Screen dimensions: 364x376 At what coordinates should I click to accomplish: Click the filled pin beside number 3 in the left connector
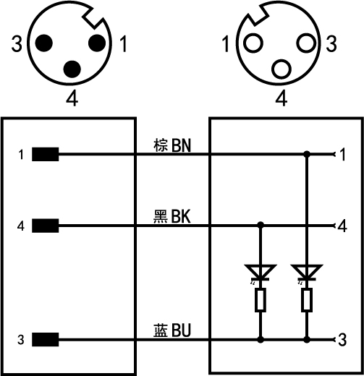pos(44,43)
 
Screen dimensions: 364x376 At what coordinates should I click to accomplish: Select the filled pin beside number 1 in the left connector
pos(97,43)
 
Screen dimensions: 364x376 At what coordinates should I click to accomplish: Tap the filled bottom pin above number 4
pos(72,69)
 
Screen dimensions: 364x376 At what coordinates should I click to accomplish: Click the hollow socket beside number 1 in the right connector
pos(253,43)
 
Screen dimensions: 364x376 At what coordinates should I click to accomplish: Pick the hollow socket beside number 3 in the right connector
pos(306,43)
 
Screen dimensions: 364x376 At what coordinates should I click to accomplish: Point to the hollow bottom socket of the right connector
pos(282,69)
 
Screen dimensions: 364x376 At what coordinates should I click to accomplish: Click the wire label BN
pos(181,145)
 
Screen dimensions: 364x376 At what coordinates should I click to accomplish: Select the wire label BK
pos(181,216)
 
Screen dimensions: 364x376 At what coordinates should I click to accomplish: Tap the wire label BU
pos(181,330)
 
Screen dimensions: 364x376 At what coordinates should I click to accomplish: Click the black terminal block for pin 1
pos(46,154)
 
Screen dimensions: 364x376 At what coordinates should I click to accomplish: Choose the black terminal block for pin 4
pos(46,226)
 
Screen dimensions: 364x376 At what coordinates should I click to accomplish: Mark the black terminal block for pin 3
pos(46,339)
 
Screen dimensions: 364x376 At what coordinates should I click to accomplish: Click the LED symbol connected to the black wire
pos(261,273)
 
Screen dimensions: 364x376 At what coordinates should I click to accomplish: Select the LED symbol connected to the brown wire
pos(307,273)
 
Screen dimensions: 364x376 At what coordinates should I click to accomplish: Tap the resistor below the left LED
pos(261,299)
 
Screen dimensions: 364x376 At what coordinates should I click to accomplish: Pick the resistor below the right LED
pos(307,299)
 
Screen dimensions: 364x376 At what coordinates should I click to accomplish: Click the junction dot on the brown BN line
pos(307,154)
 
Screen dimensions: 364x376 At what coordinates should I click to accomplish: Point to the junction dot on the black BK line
pos(261,226)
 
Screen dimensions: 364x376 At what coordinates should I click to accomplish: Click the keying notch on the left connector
pos(94,17)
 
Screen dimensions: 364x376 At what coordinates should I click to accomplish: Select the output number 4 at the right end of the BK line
pos(342,226)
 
